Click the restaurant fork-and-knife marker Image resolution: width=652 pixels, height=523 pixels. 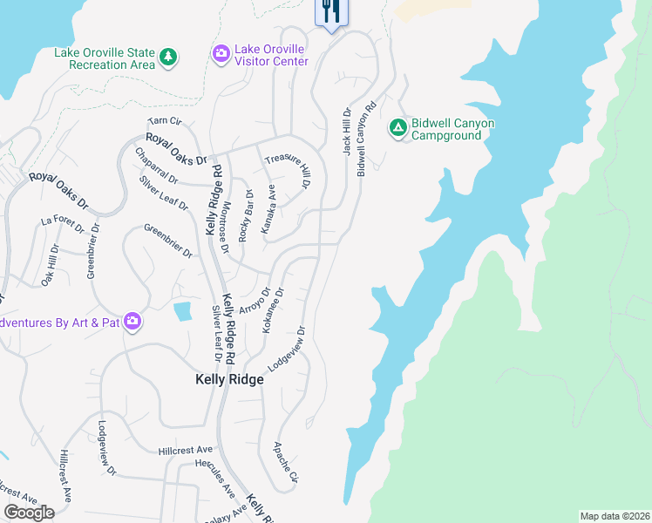[x=330, y=11]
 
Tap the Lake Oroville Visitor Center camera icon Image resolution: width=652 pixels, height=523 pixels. [x=221, y=55]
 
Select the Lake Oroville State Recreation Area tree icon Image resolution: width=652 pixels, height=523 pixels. [x=168, y=58]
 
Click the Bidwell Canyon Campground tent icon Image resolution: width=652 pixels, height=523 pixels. [x=397, y=128]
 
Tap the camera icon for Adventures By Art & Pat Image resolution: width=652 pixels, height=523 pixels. [x=132, y=323]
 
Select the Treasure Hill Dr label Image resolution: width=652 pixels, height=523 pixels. [x=289, y=170]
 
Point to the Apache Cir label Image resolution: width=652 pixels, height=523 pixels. [x=287, y=462]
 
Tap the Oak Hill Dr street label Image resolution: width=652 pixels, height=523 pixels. [x=48, y=265]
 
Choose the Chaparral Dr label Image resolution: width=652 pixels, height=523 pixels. [x=156, y=166]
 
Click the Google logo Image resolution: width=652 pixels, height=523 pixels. [x=30, y=513]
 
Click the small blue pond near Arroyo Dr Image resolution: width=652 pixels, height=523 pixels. [x=183, y=310]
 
